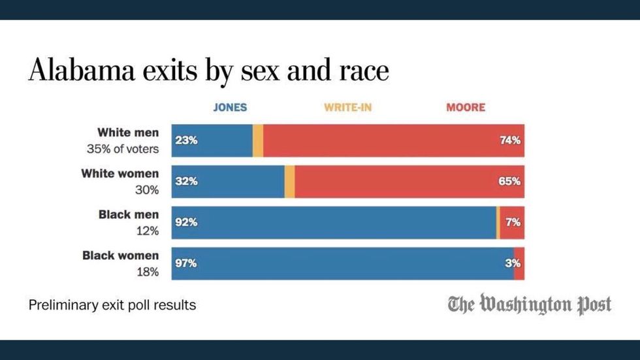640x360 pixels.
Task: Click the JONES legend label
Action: click(230, 107)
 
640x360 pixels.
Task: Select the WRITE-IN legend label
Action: click(347, 107)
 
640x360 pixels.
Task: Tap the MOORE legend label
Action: click(466, 107)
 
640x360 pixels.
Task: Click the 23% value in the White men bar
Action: click(185, 140)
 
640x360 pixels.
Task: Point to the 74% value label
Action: click(510, 140)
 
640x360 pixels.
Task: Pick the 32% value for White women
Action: click(186, 182)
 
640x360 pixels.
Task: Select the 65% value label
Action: click(510, 182)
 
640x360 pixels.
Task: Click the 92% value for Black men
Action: click(186, 223)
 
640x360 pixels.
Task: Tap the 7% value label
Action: click(513, 223)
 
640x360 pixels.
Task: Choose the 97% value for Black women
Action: click(186, 264)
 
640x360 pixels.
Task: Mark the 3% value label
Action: click(513, 264)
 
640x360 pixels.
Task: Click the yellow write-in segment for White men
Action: click(258, 140)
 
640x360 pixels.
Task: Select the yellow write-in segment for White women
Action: click(290, 182)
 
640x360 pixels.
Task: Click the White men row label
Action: click(128, 133)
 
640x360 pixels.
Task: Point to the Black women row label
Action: click(120, 255)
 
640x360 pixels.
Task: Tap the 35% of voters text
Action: click(123, 149)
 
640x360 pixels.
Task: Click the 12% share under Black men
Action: click(148, 231)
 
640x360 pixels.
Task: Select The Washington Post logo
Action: click(530, 304)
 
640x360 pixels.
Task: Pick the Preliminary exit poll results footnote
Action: click(112, 305)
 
